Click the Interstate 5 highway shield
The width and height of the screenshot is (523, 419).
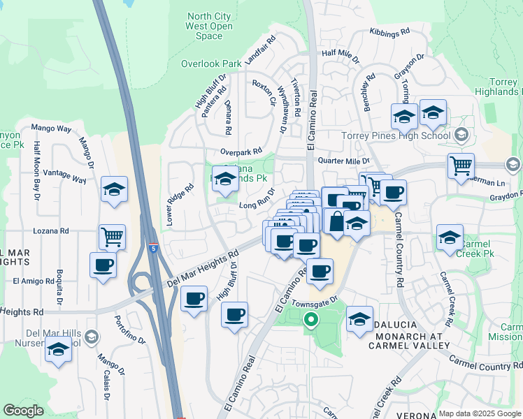click(x=153, y=248)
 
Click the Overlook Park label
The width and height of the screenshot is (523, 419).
click(x=211, y=64)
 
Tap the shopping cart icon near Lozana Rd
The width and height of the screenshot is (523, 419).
click(x=112, y=236)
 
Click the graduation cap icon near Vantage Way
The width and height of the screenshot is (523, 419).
click(x=114, y=189)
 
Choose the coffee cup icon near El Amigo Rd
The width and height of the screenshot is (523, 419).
click(x=103, y=265)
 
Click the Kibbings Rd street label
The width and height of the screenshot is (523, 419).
click(x=389, y=33)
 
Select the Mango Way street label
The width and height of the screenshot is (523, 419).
click(x=52, y=129)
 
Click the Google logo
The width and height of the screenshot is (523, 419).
click(x=24, y=411)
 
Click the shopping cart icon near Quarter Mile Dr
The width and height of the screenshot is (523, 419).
click(x=461, y=166)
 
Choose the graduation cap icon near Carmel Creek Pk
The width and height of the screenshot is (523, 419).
click(x=450, y=236)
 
